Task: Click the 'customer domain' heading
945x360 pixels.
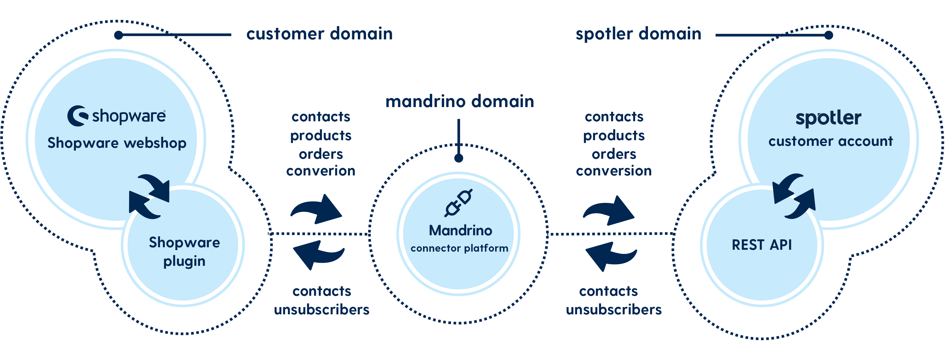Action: [x=319, y=34]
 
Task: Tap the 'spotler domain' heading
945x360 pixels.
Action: [x=638, y=34]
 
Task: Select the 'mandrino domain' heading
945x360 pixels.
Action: [x=460, y=101]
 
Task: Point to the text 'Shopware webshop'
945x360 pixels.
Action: [x=117, y=143]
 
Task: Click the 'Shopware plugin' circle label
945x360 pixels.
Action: [x=184, y=251]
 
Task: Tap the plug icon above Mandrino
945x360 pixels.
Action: [x=458, y=203]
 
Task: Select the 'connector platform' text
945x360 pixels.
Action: [x=459, y=249]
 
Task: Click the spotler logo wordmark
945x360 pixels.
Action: [x=828, y=118]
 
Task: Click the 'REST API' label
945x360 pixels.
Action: [x=762, y=245]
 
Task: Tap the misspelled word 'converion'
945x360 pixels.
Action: [x=321, y=171]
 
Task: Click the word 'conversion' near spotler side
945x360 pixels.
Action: [x=614, y=171]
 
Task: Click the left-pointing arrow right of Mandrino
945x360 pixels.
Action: [x=611, y=256]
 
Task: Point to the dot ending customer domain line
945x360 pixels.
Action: [x=118, y=35]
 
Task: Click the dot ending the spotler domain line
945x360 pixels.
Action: [x=828, y=35]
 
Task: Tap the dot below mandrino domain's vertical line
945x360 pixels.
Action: [x=459, y=158]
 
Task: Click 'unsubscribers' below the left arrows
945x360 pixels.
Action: [x=322, y=310]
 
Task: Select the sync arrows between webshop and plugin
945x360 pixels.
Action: [x=149, y=196]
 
